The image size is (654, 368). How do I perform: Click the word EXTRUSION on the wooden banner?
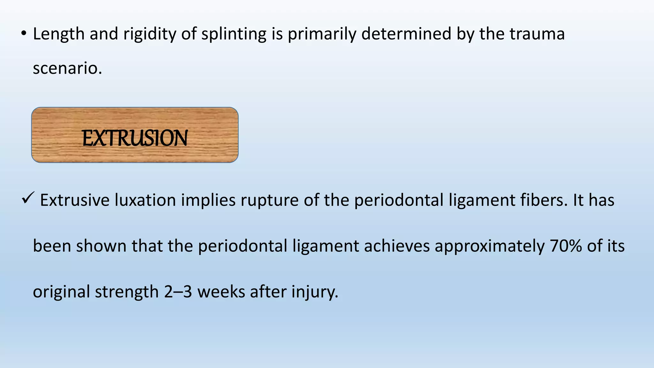[135, 138]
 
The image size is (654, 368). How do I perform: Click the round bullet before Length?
[24, 34]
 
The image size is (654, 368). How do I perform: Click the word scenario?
[67, 68]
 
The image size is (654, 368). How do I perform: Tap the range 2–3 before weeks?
[178, 292]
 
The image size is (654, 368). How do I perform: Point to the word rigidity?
[149, 34]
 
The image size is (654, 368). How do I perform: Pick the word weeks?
[221, 292]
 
